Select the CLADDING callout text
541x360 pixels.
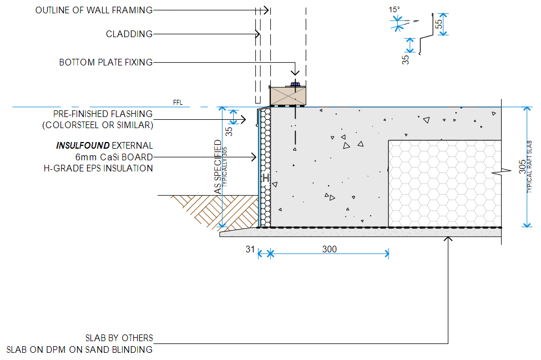(129, 34)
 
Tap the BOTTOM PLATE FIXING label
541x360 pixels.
(106, 63)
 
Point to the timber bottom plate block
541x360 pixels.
(287, 95)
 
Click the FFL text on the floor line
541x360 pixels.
(177, 103)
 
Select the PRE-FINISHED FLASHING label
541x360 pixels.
(103, 114)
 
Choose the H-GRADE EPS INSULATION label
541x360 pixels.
(98, 168)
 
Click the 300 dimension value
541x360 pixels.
(329, 250)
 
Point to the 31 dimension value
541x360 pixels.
(249, 250)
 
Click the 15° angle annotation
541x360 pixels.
(394, 9)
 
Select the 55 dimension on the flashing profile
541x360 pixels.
(438, 24)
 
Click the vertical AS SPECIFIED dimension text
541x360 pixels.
(217, 166)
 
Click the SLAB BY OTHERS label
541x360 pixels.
(119, 338)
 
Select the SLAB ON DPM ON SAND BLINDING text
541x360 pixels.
(79, 349)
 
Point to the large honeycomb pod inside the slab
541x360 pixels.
(444, 183)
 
